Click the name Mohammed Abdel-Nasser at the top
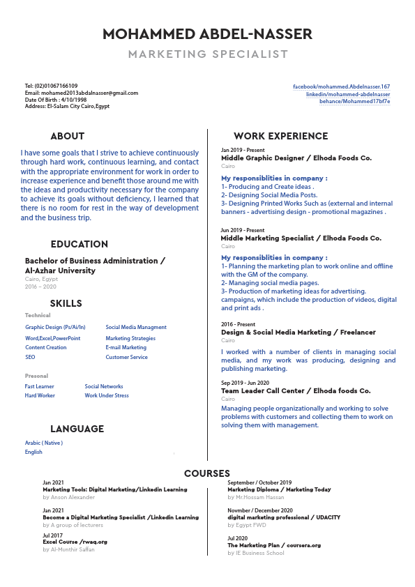click(207, 34)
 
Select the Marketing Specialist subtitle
click(207, 54)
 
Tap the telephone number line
click(51, 86)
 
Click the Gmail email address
click(82, 93)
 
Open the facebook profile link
click(341, 86)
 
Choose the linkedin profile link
click(348, 93)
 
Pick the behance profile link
click(354, 101)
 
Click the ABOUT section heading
click(68, 136)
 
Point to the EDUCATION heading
click(79, 244)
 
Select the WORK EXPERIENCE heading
click(280, 136)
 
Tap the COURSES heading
click(207, 473)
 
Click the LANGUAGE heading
click(77, 429)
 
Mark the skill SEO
click(30, 357)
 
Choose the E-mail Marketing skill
click(126, 347)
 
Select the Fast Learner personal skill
click(39, 386)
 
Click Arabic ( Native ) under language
click(44, 443)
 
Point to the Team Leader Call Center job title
click(296, 391)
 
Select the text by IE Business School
click(256, 553)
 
